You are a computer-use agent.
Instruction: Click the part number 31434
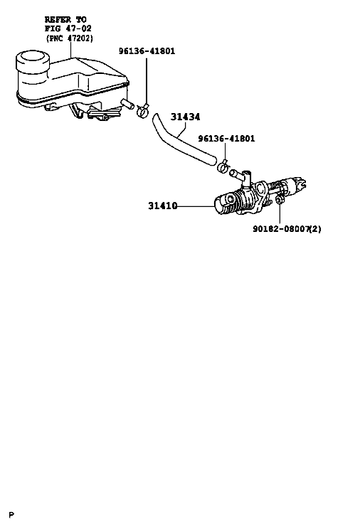click(185, 117)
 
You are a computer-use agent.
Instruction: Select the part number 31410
click(163, 206)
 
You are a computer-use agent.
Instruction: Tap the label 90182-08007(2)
click(287, 229)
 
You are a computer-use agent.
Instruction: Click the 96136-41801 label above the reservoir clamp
click(147, 51)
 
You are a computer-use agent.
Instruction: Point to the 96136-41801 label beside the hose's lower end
click(226, 139)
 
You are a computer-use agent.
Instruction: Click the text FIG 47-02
click(68, 28)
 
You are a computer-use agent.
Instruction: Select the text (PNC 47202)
click(69, 38)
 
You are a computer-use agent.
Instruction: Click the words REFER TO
click(65, 19)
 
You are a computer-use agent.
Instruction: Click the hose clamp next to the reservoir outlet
click(142, 110)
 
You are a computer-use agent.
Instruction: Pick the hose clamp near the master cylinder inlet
click(223, 166)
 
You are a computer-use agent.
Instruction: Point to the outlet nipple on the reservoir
click(127, 104)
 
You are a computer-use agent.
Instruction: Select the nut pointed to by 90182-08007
click(279, 200)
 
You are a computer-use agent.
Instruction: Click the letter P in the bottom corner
click(12, 515)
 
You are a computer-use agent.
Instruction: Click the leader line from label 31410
click(196, 206)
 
